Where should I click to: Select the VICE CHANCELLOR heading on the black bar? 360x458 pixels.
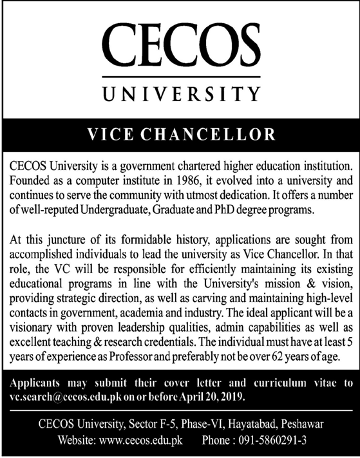(180, 136)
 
